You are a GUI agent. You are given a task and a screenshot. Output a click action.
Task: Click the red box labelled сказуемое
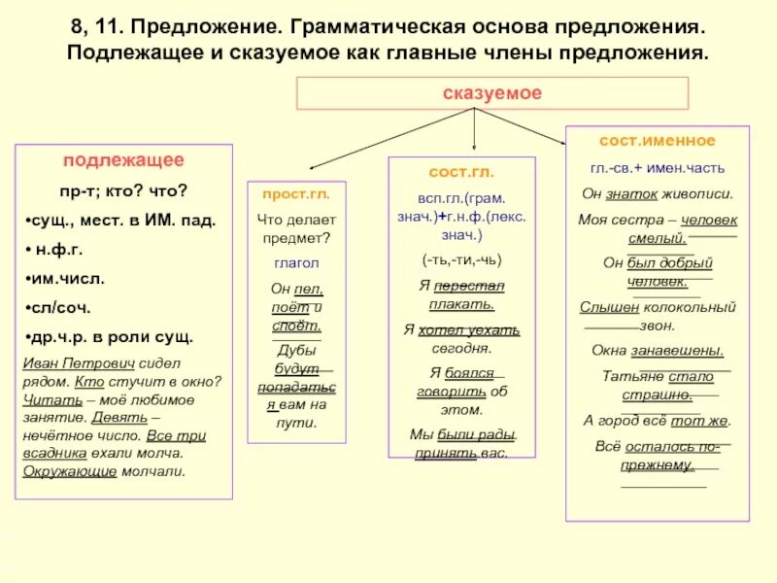[491, 93]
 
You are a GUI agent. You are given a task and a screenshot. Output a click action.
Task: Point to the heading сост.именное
[657, 141]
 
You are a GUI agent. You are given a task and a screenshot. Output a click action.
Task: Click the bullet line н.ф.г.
[64, 250]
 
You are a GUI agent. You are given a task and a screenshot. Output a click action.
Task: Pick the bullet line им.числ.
[67, 279]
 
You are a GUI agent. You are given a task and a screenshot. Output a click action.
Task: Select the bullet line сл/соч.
[60, 308]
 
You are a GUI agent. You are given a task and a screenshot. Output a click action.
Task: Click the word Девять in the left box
[119, 417]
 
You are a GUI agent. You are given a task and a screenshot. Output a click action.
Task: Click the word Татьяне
[635, 377]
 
